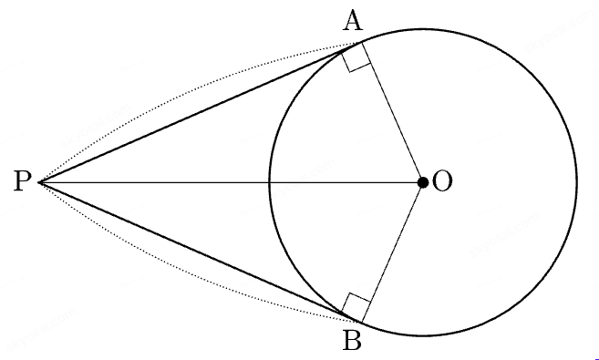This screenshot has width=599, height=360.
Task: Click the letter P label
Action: [x=21, y=181]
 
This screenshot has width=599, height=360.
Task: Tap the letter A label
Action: [x=353, y=21]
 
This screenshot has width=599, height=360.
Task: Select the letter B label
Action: [x=352, y=341]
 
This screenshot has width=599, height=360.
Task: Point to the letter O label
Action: [x=442, y=181]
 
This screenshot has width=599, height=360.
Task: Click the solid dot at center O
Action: [x=423, y=183]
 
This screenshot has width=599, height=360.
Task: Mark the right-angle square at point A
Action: [x=356, y=58]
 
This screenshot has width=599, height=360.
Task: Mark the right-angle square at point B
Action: [x=356, y=307]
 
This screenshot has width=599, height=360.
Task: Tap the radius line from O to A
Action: [x=392, y=113]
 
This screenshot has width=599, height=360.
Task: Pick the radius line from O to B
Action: [x=392, y=252]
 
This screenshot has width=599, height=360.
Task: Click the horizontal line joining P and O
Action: [x=231, y=183]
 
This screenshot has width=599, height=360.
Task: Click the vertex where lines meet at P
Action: [x=39, y=183]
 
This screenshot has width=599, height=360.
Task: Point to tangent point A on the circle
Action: [x=361, y=42]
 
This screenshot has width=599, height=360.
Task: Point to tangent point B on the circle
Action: [x=361, y=323]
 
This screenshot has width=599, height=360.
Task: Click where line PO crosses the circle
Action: [x=270, y=183]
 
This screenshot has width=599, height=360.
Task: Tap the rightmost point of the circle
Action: [x=577, y=182]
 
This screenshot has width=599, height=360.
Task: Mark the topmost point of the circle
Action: [x=423, y=29]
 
